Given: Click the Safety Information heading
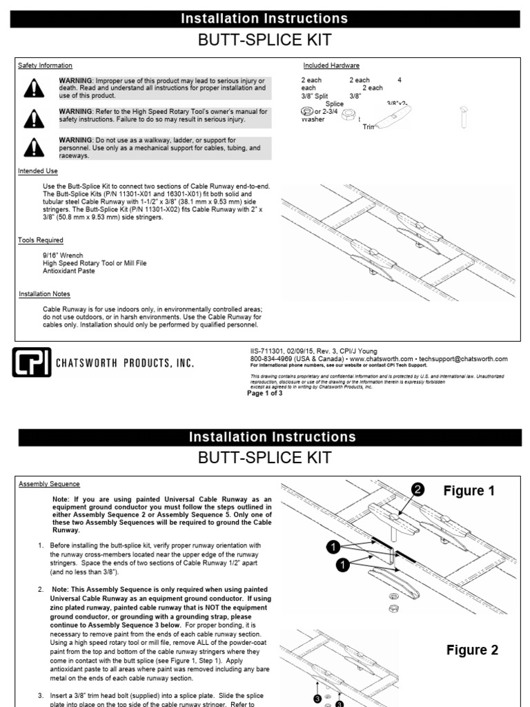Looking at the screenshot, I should [x=45, y=66].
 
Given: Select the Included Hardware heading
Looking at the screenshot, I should [x=331, y=66].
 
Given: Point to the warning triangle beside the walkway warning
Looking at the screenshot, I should [x=32, y=148].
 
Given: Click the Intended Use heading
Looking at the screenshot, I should [x=38, y=171].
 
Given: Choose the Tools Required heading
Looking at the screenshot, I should [x=41, y=240].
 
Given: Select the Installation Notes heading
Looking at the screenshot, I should [x=44, y=294].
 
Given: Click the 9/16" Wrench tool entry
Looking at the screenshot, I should [x=63, y=255].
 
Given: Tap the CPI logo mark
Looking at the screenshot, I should [x=32, y=362].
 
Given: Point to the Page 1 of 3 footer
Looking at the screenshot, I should [x=265, y=394].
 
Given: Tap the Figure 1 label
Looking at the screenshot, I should [x=469, y=491].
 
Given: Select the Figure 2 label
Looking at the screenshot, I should [x=472, y=650].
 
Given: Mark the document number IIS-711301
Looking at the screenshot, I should [x=269, y=351].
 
